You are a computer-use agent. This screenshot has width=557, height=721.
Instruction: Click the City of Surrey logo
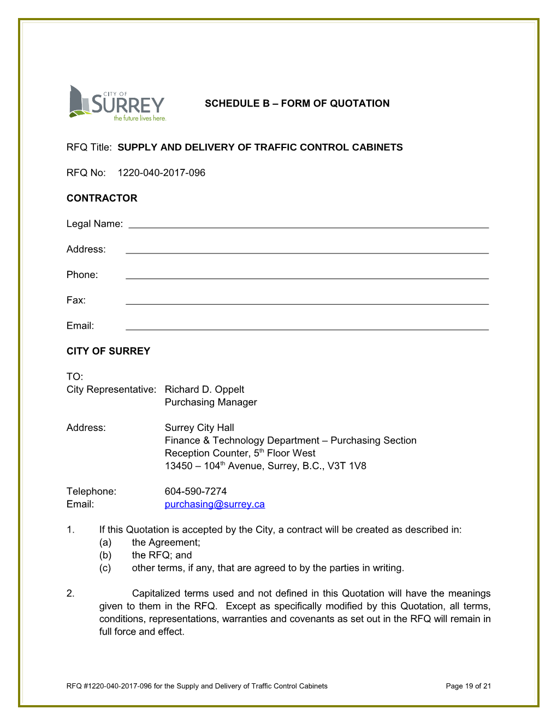click(x=117, y=103)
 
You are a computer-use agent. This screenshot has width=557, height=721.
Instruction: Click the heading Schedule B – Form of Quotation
click(x=297, y=103)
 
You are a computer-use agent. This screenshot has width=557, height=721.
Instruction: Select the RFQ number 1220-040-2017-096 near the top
click(x=162, y=173)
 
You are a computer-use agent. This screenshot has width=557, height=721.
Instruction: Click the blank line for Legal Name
click(x=309, y=224)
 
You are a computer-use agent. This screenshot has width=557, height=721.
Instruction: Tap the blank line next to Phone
click(x=307, y=275)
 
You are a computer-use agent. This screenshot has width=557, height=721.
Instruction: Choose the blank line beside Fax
click(x=307, y=300)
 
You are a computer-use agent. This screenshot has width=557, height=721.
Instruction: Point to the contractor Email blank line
click(x=307, y=326)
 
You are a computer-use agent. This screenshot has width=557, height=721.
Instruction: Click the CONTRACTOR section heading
click(x=102, y=198)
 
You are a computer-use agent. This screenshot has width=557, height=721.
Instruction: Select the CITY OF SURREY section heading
click(x=108, y=351)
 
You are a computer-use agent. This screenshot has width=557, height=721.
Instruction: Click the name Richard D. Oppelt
click(x=204, y=389)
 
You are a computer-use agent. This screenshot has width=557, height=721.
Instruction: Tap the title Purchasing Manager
click(x=211, y=402)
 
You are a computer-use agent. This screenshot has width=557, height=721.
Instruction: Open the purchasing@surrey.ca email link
click(x=215, y=504)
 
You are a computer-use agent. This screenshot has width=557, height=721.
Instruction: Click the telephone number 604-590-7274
click(x=195, y=492)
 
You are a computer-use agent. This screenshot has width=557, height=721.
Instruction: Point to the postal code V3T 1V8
click(x=347, y=466)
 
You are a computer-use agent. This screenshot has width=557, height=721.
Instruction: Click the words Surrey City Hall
click(x=199, y=428)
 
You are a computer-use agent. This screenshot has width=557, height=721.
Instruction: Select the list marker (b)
click(x=105, y=555)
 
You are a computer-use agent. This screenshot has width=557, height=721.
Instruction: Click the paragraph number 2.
click(x=70, y=593)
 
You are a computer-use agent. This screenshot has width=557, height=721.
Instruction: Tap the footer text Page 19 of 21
click(x=468, y=686)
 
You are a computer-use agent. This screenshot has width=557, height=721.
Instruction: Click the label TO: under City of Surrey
click(x=75, y=376)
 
